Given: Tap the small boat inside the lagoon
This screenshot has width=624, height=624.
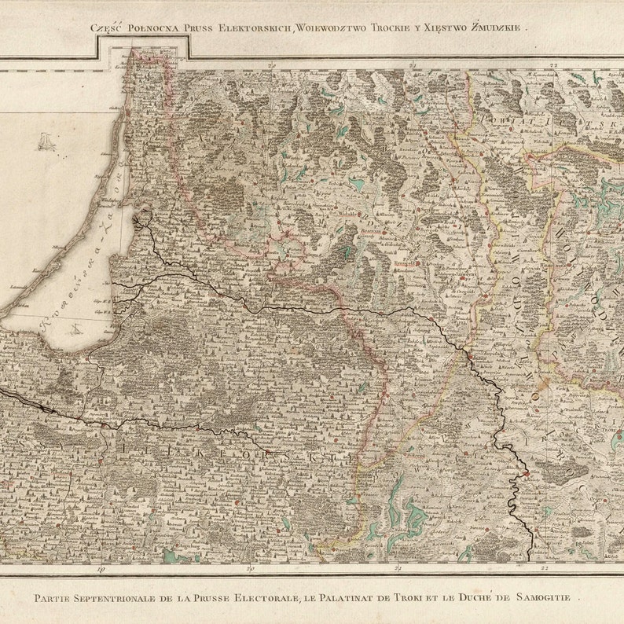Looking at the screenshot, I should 76,329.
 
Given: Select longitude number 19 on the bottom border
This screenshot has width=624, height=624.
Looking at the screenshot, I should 101,567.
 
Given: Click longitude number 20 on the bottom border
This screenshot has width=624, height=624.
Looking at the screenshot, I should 251,567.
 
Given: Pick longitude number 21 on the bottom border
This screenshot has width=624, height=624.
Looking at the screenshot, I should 398,567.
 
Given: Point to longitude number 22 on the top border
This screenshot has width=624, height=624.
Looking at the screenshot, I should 554,64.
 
